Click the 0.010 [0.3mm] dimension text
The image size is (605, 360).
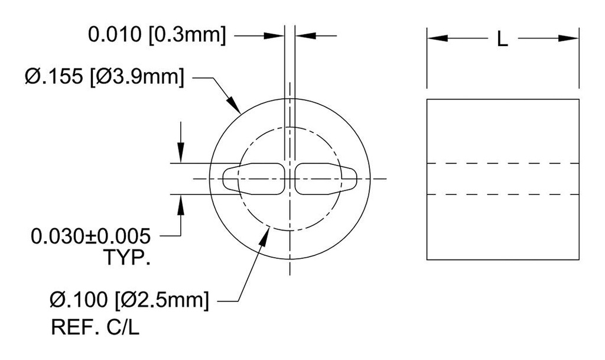(x=157, y=35)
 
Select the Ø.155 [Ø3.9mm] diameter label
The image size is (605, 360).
(x=103, y=77)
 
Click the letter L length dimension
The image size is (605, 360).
(x=502, y=40)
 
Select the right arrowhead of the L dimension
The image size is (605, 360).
(x=570, y=38)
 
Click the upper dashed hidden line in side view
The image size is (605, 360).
(x=502, y=163)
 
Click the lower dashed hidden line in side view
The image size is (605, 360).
(x=502, y=194)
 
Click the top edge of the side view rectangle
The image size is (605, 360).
(x=502, y=99)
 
